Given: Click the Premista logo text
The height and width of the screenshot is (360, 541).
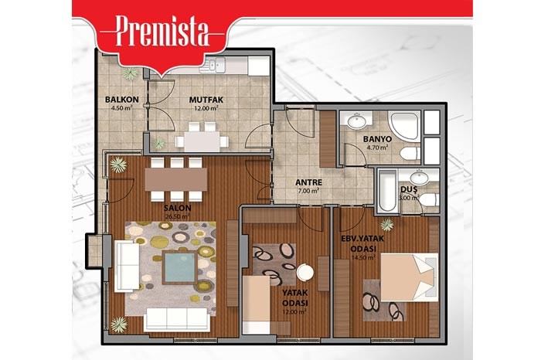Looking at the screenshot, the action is [162, 31].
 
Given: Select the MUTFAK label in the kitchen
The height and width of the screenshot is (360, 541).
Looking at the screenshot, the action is [206, 100].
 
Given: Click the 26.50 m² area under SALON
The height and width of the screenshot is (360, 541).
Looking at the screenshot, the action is [176, 216].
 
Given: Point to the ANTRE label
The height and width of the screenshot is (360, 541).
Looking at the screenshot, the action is [308, 182].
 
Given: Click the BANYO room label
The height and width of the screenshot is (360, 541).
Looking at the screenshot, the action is [377, 139].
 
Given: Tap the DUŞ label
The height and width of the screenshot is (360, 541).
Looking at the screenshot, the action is [409, 189].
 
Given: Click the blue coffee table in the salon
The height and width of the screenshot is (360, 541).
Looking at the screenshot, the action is [179, 267].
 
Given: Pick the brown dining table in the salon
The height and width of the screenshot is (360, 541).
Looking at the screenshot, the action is [176, 179].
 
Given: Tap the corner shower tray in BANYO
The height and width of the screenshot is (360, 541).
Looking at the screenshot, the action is [404, 126].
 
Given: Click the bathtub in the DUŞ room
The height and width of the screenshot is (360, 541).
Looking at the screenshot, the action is [387, 190].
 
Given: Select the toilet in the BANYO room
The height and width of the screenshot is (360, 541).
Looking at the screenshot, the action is [410, 154].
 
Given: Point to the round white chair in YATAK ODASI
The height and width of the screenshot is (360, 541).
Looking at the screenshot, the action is [305, 272].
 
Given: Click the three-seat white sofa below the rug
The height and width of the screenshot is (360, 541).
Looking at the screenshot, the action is [177, 319].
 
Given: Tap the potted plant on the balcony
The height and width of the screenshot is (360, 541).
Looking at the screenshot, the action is [130, 73].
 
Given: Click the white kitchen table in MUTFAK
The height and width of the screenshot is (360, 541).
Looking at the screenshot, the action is [202, 141].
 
